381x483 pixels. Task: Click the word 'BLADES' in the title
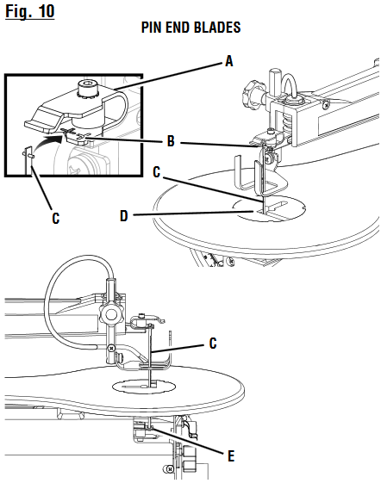tap(217, 28)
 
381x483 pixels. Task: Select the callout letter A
tap(228, 60)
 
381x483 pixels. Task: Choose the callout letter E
tap(229, 454)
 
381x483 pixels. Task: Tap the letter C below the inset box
tap(55, 219)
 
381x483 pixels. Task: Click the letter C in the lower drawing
tap(212, 344)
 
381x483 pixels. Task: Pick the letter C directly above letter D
tap(156, 171)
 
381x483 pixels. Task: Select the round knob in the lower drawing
tap(109, 318)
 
